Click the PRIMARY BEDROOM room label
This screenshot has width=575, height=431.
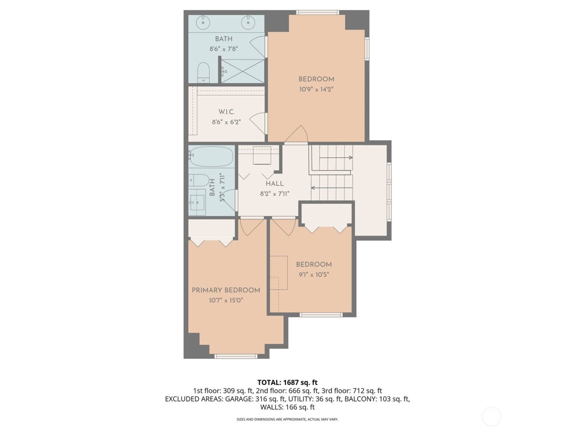[226, 290]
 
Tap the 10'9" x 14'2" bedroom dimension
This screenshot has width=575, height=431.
[316, 89]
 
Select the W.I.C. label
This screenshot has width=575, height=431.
[226, 112]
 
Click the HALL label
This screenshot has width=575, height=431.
[274, 184]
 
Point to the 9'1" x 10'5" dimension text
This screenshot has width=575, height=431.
[314, 275]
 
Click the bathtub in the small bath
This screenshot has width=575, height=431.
[211, 156]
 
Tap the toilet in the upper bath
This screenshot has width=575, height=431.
[203, 73]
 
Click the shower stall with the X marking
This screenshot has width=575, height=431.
[243, 71]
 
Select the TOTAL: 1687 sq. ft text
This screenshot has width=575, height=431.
[287, 383]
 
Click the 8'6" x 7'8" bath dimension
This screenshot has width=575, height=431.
[224, 49]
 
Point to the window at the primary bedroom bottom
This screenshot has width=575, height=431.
[236, 356]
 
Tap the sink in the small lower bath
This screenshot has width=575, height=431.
[197, 202]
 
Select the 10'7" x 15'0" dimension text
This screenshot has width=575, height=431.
[226, 300]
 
